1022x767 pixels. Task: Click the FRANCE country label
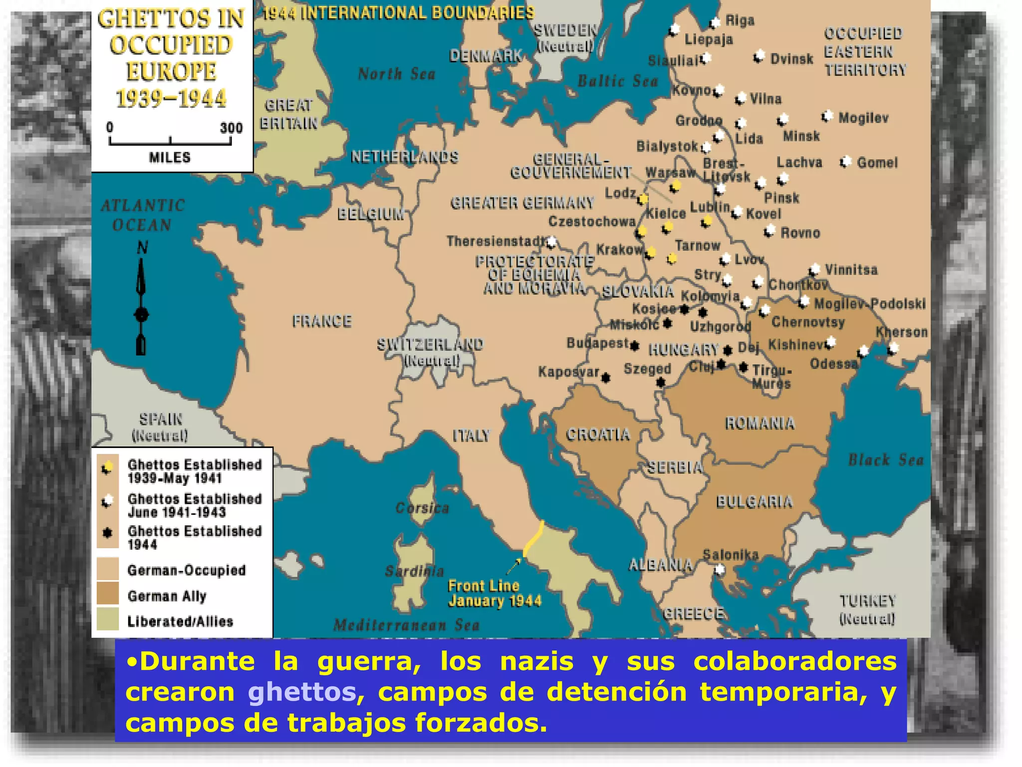click(322, 321)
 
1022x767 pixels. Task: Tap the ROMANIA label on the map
click(760, 423)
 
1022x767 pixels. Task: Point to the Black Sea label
click(886, 460)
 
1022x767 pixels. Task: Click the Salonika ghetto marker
click(720, 569)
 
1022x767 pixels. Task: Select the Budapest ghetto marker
click(635, 345)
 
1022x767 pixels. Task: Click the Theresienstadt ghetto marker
click(551, 243)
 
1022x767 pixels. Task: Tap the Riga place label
click(740, 20)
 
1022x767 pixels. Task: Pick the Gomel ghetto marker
click(845, 162)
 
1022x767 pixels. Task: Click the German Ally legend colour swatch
click(108, 594)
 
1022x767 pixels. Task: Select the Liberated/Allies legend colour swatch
click(108, 620)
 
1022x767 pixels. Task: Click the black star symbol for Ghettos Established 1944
click(107, 532)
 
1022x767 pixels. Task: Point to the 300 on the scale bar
click(231, 128)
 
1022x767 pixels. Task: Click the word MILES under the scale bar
click(170, 158)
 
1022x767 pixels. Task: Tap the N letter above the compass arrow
click(142, 247)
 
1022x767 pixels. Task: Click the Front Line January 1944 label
click(495, 593)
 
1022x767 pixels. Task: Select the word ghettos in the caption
click(302, 692)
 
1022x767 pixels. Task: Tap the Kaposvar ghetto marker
click(606, 378)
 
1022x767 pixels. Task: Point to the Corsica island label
click(422, 508)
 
